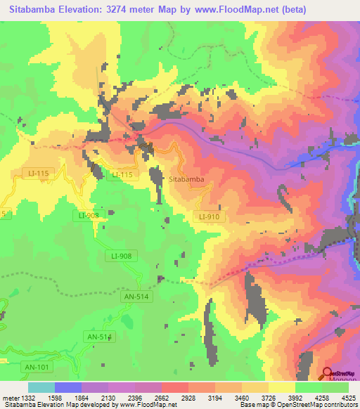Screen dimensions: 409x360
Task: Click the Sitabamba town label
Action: click(187, 179)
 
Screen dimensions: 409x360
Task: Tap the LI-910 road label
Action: click(209, 216)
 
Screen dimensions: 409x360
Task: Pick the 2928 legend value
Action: click(188, 398)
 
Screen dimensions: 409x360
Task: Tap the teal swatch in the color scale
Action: click(41, 387)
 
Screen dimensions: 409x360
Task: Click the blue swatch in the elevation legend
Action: click(68, 387)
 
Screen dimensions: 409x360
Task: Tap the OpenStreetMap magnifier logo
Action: click(327, 372)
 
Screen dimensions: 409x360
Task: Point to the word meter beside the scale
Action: click(10, 398)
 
